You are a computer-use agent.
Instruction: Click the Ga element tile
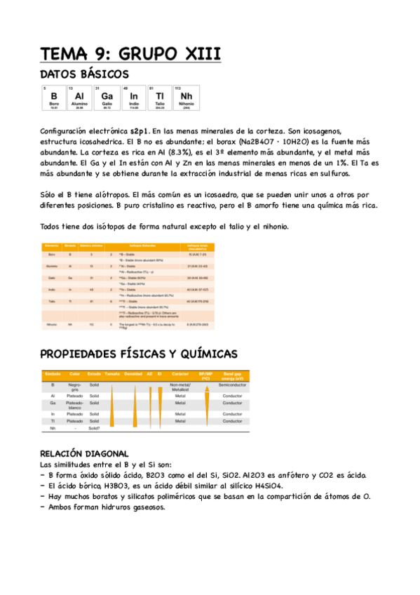pyautogui.click(x=107, y=98)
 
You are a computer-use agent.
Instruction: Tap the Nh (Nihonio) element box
pyautogui.click(x=187, y=98)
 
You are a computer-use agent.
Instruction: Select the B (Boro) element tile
pyautogui.click(x=53, y=98)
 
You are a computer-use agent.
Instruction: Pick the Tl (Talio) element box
pyautogui.click(x=160, y=98)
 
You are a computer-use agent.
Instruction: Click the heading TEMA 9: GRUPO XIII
pyautogui.click(x=130, y=54)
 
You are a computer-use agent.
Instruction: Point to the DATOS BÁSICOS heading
pyautogui.click(x=84, y=74)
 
